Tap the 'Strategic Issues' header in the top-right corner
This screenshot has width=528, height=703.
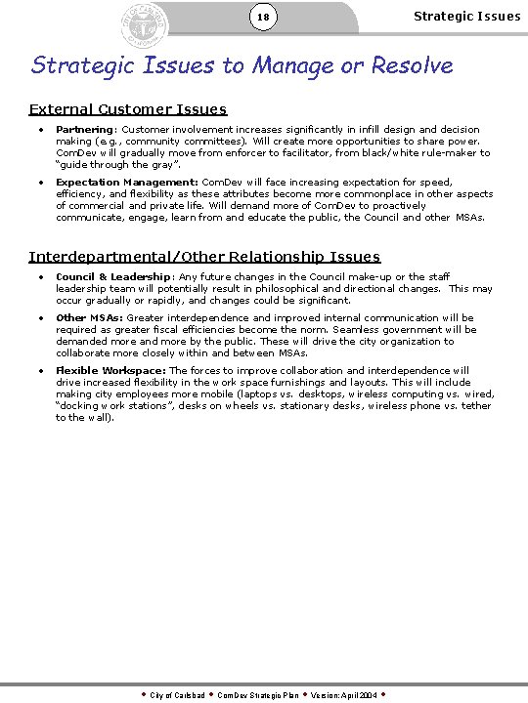click(466, 16)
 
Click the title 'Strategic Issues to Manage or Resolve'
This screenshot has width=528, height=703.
click(242, 65)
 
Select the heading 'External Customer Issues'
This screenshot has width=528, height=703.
click(127, 109)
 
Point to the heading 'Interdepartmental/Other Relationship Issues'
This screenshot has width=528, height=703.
click(204, 257)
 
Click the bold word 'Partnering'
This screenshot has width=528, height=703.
click(84, 130)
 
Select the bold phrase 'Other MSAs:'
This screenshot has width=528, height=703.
click(90, 318)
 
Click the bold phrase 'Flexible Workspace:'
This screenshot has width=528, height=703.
click(111, 371)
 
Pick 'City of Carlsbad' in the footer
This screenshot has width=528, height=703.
click(177, 695)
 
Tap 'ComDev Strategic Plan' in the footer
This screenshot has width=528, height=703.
click(257, 695)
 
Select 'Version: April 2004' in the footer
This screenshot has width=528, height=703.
click(344, 695)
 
